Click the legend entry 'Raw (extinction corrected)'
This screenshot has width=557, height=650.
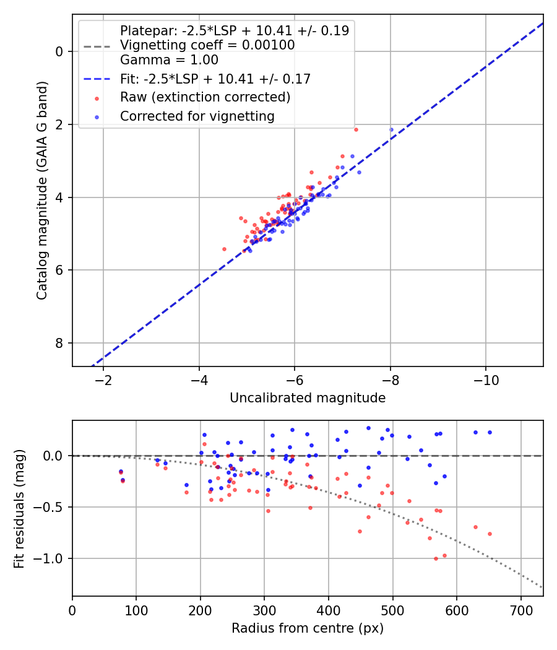(x=205, y=97)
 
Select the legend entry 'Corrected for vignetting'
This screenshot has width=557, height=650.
(x=197, y=116)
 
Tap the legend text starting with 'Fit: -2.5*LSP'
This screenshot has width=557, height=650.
(x=215, y=79)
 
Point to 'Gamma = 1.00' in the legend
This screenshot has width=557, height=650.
(x=169, y=60)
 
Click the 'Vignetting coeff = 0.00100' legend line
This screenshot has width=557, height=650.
(x=207, y=45)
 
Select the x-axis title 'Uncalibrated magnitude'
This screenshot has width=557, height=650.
(x=308, y=398)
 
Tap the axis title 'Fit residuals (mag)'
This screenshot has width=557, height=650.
(x=20, y=508)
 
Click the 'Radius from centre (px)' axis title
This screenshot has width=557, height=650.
(x=308, y=628)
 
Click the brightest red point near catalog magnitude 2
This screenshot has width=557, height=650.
(x=356, y=129)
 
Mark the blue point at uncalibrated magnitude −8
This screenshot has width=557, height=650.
(x=391, y=130)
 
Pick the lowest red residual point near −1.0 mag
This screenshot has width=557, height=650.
(x=436, y=558)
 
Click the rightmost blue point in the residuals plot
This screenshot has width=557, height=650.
(x=490, y=432)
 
